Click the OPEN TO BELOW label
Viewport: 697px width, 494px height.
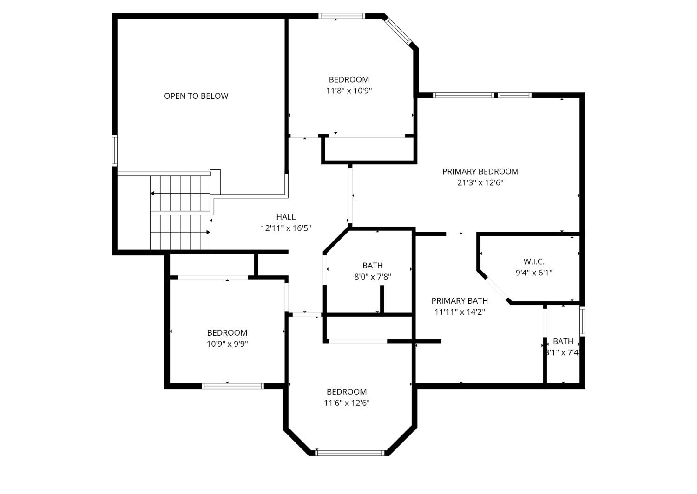(x=196, y=96)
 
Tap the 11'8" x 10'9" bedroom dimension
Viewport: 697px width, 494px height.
(x=348, y=91)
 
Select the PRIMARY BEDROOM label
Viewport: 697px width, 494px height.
(x=480, y=171)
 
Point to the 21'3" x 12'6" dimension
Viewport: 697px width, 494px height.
(x=480, y=183)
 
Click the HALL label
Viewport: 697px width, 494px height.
(x=286, y=217)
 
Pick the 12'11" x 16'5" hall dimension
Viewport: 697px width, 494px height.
(x=286, y=228)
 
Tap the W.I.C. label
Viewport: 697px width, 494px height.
(x=533, y=261)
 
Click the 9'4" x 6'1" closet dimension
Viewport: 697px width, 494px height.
(x=533, y=273)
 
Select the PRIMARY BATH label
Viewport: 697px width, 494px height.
(x=460, y=300)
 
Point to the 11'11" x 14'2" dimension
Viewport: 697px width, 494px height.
(x=460, y=312)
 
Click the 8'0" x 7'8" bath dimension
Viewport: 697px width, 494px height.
(x=373, y=277)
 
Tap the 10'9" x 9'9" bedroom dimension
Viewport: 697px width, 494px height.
(x=227, y=344)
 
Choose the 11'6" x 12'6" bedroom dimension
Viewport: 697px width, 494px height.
(x=347, y=403)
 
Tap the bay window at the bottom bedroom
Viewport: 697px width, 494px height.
(x=350, y=453)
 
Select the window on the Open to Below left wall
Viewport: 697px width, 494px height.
(x=115, y=150)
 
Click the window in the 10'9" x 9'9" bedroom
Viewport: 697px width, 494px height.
(x=233, y=386)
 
